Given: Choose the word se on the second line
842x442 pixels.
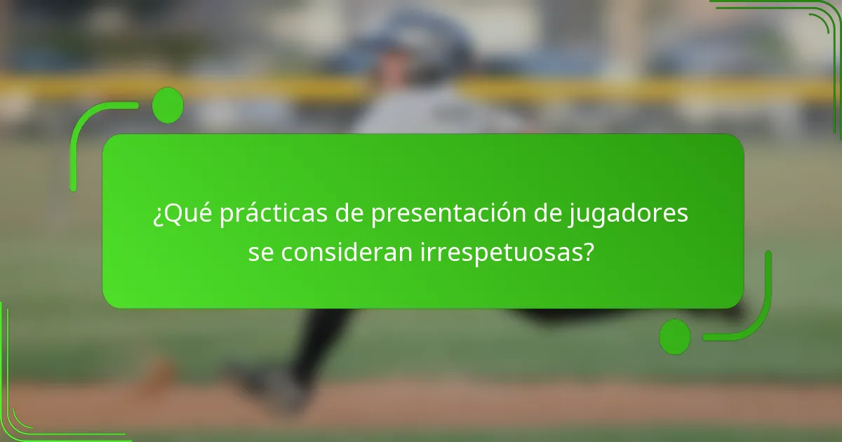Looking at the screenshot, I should coord(261,253).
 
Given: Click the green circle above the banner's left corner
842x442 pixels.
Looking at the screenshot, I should coord(167,105).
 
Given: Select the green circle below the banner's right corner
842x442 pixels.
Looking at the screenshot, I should coord(675,336).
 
